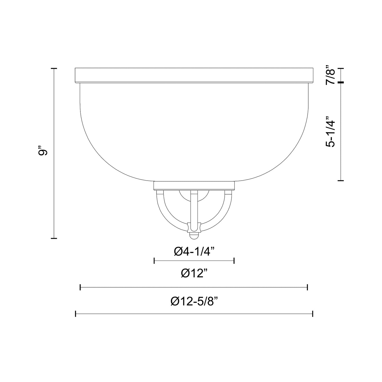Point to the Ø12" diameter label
194,273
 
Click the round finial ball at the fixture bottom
194,235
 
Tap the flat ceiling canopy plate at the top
194,76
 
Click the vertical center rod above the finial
194,209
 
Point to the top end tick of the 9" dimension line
54,68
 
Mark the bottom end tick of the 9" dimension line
54,238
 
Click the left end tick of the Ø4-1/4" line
154,261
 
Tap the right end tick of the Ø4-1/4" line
234,261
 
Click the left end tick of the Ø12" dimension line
80,287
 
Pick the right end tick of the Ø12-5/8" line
313,314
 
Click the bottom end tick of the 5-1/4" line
341,181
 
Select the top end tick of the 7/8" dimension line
341,69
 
